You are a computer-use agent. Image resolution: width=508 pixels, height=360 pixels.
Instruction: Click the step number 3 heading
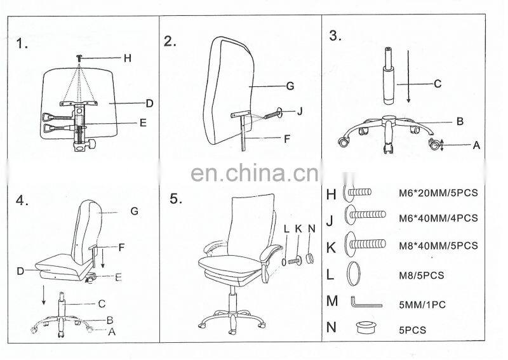coord(335,36)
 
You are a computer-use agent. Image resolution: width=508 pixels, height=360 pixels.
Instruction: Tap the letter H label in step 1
coord(128,58)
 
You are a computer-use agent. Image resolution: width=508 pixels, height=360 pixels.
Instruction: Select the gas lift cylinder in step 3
coord(389,76)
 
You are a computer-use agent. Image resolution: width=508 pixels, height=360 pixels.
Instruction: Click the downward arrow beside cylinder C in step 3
coord(408,76)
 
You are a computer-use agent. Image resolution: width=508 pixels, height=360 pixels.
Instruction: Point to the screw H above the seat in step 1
coord(79,58)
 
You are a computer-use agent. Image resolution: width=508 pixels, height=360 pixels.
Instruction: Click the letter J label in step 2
coord(300,112)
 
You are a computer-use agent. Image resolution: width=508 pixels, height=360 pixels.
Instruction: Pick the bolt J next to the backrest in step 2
coord(273,114)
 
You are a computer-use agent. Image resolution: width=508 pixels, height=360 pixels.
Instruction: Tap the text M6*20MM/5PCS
coord(438,193)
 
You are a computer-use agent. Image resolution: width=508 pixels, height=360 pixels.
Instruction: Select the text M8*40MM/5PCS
coord(438,246)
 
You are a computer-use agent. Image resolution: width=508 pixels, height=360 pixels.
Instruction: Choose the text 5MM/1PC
coord(422,305)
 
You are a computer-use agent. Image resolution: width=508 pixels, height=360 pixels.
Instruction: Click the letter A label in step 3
coord(476,145)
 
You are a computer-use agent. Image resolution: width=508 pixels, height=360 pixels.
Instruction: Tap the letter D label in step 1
coord(149,103)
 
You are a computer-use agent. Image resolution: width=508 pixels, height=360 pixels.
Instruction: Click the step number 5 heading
coord(176,199)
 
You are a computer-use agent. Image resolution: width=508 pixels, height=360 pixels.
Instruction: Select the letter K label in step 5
coord(298,229)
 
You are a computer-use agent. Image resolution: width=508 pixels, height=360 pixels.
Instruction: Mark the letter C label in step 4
coord(102,304)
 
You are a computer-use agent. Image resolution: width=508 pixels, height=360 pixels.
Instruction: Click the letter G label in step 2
coord(290,86)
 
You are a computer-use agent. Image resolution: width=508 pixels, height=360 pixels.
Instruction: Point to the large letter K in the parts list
coord(331,248)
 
